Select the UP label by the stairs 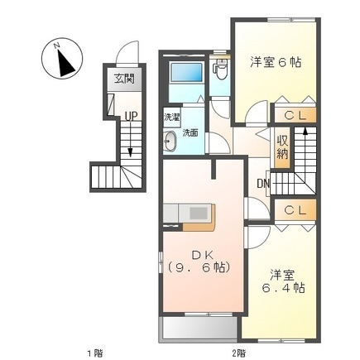point(131,117)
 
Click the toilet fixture point(221,70)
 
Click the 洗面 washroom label point(190,132)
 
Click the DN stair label point(263,184)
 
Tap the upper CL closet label point(294,116)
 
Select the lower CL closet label point(294,210)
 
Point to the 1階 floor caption point(96,352)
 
